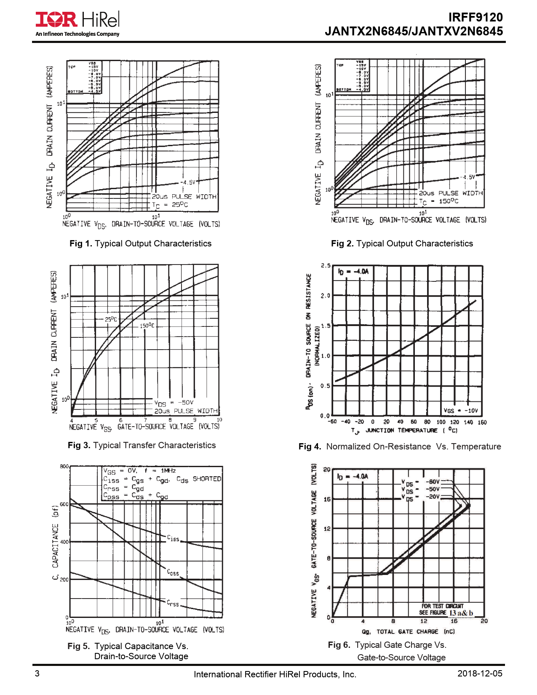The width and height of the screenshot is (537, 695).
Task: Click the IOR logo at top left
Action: click(x=56, y=19)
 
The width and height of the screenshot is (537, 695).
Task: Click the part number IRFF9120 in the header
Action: click(x=475, y=17)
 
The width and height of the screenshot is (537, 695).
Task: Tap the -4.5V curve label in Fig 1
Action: click(x=188, y=182)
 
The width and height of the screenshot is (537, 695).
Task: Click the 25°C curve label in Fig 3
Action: click(x=111, y=319)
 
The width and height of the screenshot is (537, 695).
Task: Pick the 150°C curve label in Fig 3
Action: click(x=147, y=326)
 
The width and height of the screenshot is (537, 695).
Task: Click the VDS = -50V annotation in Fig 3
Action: click(x=174, y=403)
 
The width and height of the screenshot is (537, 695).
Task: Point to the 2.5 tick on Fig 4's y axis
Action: click(x=326, y=266)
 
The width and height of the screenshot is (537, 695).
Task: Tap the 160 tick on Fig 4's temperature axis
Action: click(x=482, y=422)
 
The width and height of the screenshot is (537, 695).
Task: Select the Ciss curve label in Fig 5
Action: click(x=173, y=538)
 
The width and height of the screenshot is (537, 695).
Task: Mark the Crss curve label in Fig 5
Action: click(x=173, y=603)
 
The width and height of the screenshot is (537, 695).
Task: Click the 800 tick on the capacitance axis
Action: click(x=64, y=467)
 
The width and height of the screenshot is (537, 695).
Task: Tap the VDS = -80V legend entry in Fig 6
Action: click(x=421, y=482)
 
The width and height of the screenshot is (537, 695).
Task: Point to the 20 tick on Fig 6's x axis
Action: click(x=484, y=621)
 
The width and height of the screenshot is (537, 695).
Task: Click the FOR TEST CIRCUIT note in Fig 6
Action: click(x=442, y=606)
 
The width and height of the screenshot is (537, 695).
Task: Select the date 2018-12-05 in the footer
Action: click(x=480, y=674)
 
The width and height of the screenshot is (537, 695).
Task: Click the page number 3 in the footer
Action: click(x=37, y=674)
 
